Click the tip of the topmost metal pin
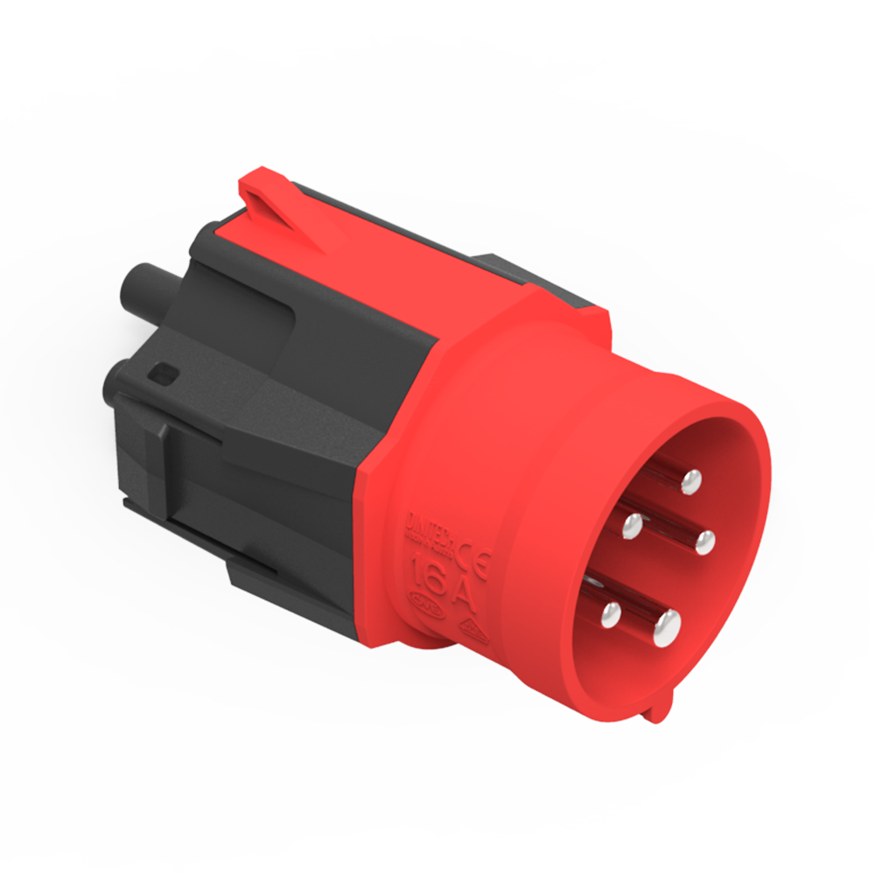(x=691, y=479)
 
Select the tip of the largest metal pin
(x=667, y=624)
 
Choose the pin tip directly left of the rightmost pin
(x=632, y=526)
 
